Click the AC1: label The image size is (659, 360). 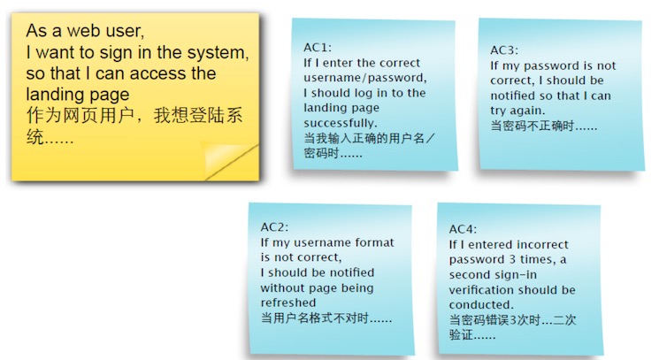[318, 48]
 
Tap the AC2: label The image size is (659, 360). [274, 227]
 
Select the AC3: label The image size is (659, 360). [504, 50]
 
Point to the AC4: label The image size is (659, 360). [463, 229]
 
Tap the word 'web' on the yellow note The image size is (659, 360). [83, 31]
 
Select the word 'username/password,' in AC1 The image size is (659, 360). [365, 78]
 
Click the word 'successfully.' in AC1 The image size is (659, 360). [341, 123]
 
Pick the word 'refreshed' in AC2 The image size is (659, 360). [288, 303]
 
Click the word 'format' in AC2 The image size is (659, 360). [374, 242]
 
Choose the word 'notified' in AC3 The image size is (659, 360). [513, 96]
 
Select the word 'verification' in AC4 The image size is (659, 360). [480, 290]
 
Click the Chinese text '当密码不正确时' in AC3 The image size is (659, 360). [533, 126]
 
